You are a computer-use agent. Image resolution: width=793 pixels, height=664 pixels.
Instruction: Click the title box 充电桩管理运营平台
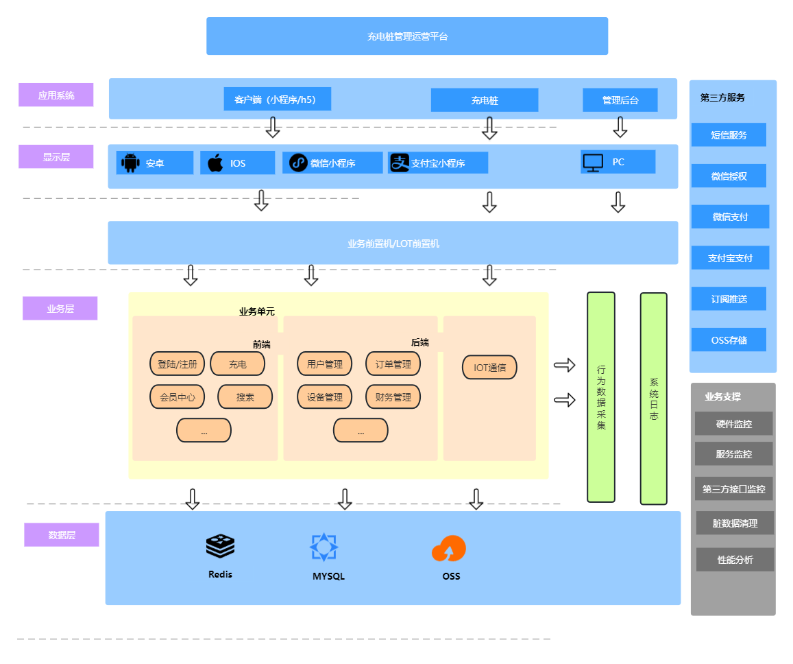[x=407, y=36]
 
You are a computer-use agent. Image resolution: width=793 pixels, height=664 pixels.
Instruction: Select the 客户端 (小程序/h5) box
[x=277, y=99]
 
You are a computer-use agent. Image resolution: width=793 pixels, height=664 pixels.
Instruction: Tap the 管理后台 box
[x=620, y=100]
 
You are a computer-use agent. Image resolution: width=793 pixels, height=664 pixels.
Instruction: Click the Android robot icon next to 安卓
[x=130, y=163]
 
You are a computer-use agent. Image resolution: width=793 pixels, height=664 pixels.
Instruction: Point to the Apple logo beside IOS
[x=215, y=163]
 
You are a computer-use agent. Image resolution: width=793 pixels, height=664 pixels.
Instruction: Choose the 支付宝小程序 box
[x=437, y=163]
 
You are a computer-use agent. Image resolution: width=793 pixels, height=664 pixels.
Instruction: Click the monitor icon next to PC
[x=593, y=163]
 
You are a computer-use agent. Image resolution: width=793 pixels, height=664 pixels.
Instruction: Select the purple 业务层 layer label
[x=60, y=309]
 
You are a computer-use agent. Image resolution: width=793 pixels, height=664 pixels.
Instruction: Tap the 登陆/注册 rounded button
[x=177, y=364]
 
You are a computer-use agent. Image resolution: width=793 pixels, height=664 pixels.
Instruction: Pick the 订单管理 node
[x=393, y=364]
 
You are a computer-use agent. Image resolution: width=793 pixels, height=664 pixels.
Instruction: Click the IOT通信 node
[x=489, y=368]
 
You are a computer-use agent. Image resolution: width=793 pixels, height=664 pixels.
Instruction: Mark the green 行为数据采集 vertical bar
[x=601, y=397]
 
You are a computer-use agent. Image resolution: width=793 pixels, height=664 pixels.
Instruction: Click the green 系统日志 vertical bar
[x=653, y=399]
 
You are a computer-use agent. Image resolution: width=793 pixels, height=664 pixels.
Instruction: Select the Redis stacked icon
[x=220, y=546]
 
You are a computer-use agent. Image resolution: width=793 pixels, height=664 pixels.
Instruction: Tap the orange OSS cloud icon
[x=449, y=549]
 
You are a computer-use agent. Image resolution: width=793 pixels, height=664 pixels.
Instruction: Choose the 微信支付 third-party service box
[x=730, y=217]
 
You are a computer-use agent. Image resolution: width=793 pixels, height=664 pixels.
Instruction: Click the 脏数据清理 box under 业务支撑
[x=735, y=523]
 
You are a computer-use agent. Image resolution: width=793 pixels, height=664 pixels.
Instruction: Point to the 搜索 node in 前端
[x=245, y=397]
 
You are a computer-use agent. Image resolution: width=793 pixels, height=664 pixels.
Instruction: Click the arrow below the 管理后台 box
[x=620, y=127]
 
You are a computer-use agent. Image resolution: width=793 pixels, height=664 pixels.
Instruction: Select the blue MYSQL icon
[x=324, y=547]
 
